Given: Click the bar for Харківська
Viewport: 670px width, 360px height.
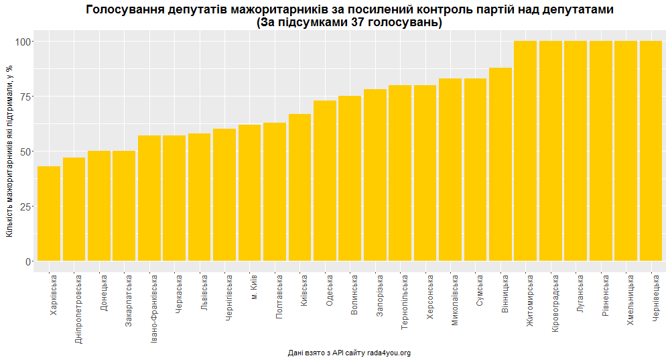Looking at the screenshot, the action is pyautogui.click(x=49, y=213).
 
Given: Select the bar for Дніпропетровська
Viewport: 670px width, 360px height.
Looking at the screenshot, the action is pyautogui.click(x=74, y=209).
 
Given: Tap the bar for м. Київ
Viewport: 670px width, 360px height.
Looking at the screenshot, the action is pyautogui.click(x=249, y=193).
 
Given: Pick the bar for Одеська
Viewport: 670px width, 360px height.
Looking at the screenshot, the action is pyautogui.click(x=325, y=180).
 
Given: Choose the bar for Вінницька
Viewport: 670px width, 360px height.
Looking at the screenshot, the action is pyautogui.click(x=500, y=164).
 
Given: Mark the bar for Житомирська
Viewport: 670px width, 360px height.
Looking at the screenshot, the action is pyautogui.click(x=525, y=151).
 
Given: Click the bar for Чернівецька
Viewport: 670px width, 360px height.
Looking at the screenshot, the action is pyautogui.click(x=651, y=151).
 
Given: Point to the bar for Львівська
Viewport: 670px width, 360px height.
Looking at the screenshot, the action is pyautogui.click(x=200, y=197).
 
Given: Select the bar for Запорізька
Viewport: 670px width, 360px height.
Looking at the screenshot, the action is pyautogui.click(x=375, y=175).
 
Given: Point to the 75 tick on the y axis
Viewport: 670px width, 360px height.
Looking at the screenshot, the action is pyautogui.click(x=32, y=97).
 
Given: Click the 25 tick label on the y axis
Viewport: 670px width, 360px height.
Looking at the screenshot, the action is pyautogui.click(x=25, y=206).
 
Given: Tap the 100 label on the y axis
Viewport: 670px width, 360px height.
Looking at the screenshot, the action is pyautogui.click(x=23, y=42).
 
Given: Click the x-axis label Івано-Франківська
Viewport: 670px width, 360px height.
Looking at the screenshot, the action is pyautogui.click(x=154, y=308).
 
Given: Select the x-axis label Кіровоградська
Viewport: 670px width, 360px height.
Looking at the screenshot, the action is pyautogui.click(x=555, y=303).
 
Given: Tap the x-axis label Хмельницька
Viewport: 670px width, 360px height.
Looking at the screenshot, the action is pyautogui.click(x=630, y=300).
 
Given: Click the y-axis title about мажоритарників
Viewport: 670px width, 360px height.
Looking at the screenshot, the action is pyautogui.click(x=10, y=151).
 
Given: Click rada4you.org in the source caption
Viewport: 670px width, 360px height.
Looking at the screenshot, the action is pyautogui.click(x=389, y=353).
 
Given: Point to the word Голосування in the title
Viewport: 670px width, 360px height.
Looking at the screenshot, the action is pyautogui.click(x=125, y=9).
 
